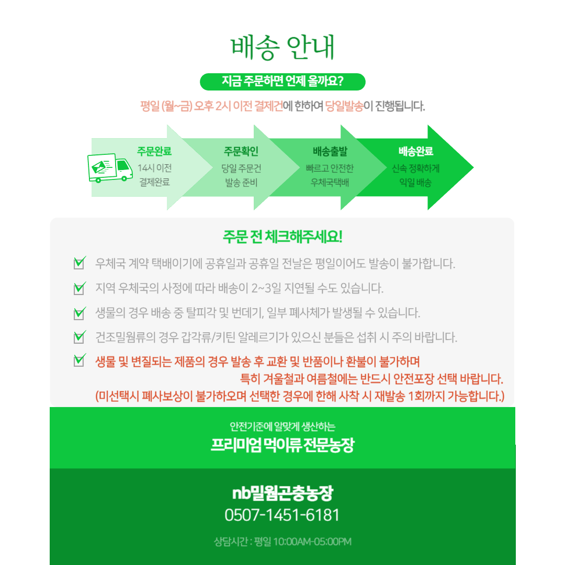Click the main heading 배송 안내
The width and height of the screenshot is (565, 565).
[x=282, y=47]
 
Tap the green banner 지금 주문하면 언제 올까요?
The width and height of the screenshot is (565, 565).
[x=282, y=82]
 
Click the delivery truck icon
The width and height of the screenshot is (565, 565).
[x=110, y=168]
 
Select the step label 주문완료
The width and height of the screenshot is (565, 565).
[x=154, y=151]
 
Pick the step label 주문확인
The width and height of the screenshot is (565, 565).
[x=241, y=151]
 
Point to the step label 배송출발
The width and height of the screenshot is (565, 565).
[x=330, y=151]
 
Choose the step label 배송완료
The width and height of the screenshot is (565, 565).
[x=415, y=151]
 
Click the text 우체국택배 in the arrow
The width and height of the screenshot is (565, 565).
[x=330, y=183]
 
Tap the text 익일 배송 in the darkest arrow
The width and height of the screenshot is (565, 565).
[x=415, y=183]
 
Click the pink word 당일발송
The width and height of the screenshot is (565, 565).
[x=344, y=106]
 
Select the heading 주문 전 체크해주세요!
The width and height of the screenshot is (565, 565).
[x=282, y=237]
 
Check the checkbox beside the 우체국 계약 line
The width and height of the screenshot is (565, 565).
[x=80, y=263]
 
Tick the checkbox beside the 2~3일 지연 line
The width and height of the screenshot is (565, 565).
[x=80, y=288]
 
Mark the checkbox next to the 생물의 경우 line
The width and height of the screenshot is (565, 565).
[x=80, y=313]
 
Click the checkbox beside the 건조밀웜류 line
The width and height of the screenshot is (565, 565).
[x=80, y=337]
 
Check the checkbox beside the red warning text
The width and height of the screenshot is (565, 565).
[x=80, y=360]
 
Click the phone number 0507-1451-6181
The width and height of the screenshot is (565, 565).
[x=282, y=515]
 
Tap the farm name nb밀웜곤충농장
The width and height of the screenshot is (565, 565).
[x=282, y=493]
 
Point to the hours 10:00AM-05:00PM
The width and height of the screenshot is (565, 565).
[x=312, y=541]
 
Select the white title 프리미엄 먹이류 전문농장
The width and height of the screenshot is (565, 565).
[x=282, y=445]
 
